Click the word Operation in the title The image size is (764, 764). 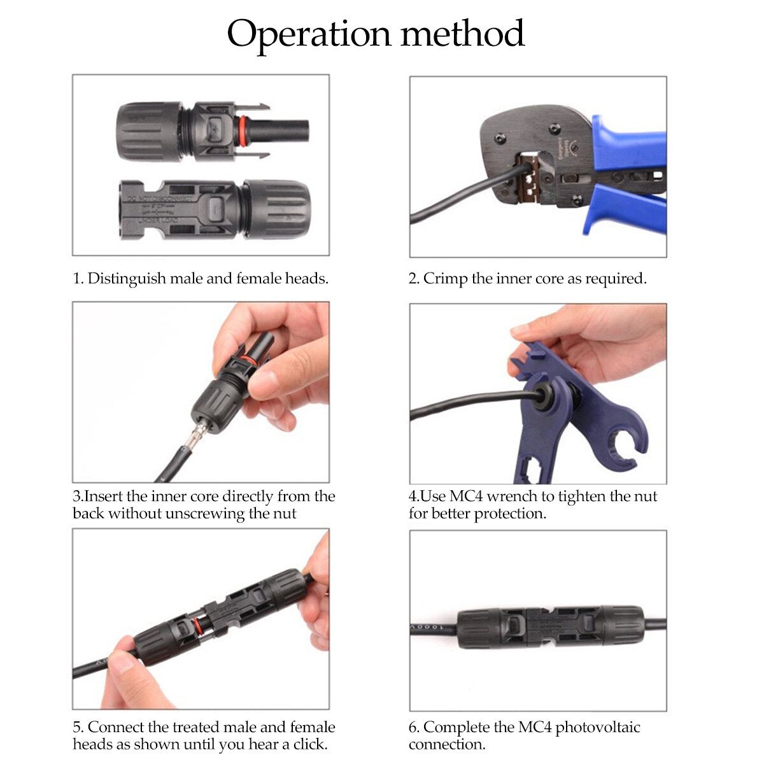tap(309, 35)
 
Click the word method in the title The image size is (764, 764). tap(463, 33)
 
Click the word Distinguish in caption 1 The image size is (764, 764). tap(125, 279)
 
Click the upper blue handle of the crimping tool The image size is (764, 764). tap(628, 143)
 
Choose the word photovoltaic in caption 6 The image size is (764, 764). tap(597, 728)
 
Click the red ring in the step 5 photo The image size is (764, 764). tap(198, 626)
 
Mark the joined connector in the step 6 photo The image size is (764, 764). tap(551, 627)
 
